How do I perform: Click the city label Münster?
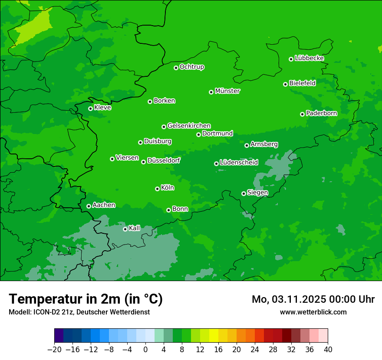coord(227,91)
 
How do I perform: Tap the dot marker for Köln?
coord(157,189)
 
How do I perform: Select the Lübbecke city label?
coord(309,58)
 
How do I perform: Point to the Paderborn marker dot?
coord(302,114)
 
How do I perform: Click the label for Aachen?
coord(104,205)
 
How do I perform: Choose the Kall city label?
coord(135,228)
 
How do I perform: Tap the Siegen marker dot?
coord(244,193)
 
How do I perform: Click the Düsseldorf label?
coord(164,161)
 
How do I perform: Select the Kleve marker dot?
coord(90,108)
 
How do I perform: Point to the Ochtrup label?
coord(192,67)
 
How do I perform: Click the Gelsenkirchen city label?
coord(189,126)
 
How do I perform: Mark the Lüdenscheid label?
coord(239,163)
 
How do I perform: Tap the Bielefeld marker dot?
coord(285,84)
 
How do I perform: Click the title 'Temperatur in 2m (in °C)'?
coord(86,299)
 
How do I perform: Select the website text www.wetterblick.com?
coord(313,312)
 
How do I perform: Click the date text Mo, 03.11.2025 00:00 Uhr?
coord(313,299)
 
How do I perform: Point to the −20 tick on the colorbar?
coord(54,350)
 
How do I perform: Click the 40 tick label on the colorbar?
coord(328,350)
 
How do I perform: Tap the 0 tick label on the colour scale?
coord(145,350)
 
